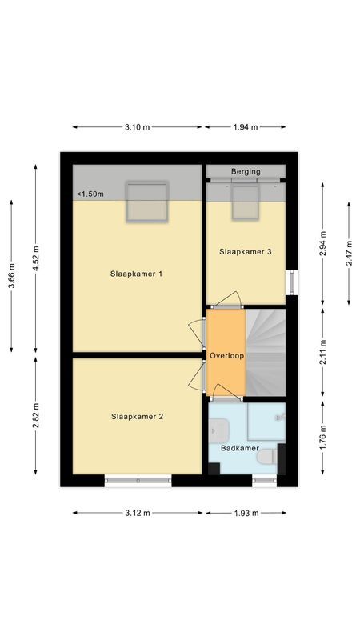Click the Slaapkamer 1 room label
coord(137,274)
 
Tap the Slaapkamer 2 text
coord(137,416)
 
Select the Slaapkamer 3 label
coord(246,252)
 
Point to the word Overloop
coord(226,355)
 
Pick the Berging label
coord(246,171)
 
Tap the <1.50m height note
coord(90,194)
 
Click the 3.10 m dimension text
coord(137,126)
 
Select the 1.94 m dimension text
coord(245,126)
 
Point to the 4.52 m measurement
coord(34,257)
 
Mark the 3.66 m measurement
coord(11,276)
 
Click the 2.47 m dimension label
coord(350,253)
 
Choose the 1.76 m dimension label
coord(322,441)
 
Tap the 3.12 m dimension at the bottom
coord(137,513)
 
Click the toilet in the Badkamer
coord(270,458)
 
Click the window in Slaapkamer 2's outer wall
coord(138,481)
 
